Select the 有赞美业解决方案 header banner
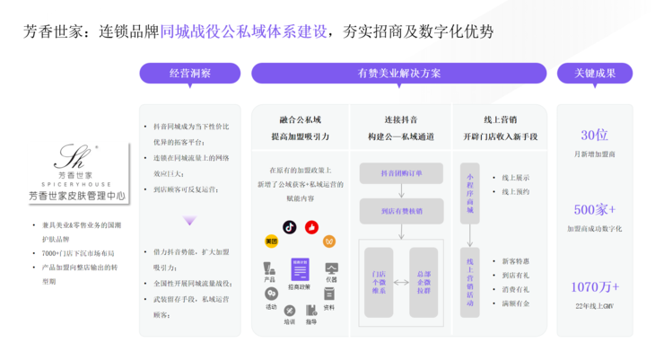point(398,73)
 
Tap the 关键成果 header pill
point(594,73)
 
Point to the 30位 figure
point(594,135)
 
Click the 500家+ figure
point(594,210)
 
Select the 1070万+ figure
point(594,287)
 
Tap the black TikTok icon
point(289,228)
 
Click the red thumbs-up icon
point(310,228)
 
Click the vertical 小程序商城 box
point(468,191)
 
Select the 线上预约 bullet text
point(517,191)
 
